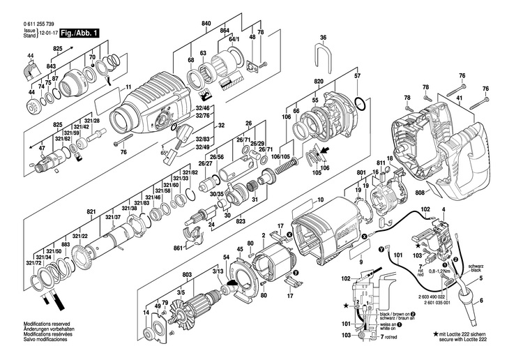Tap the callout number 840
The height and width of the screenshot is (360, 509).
[206, 24]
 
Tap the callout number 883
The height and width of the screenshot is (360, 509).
[65, 243]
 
